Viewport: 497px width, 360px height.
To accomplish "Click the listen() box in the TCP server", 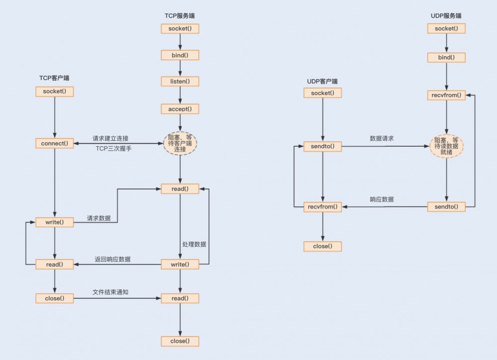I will pyautogui.click(x=180, y=81).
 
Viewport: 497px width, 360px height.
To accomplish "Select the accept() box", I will pyautogui.click(x=180, y=108).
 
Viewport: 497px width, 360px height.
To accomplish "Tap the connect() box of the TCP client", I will pyautogui.click(x=55, y=143).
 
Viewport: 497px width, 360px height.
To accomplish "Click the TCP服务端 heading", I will pyautogui.click(x=179, y=16).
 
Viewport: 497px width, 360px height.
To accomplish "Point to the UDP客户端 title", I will pyautogui.click(x=323, y=81).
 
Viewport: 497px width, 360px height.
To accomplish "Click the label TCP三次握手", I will pyautogui.click(x=114, y=148).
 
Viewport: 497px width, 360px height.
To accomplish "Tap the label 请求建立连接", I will pyautogui.click(x=110, y=138).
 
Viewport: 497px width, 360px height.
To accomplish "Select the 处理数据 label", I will pyautogui.click(x=194, y=244).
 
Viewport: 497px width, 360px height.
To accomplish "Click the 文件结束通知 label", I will pyautogui.click(x=110, y=292).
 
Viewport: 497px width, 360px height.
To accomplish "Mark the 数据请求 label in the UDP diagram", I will pyautogui.click(x=382, y=138).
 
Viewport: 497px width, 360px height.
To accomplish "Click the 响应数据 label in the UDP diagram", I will pyautogui.click(x=382, y=199).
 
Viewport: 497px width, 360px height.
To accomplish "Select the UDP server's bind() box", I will pyautogui.click(x=446, y=58).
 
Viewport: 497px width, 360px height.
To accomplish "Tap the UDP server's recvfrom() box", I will pyautogui.click(x=446, y=95).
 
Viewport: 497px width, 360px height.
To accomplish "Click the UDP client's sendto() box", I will pyautogui.click(x=323, y=147).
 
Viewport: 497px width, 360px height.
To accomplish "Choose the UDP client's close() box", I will pyautogui.click(x=323, y=246).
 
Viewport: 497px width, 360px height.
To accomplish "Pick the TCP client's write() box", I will pyautogui.click(x=55, y=222).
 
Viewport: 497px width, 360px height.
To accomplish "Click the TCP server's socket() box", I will pyautogui.click(x=180, y=28).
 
